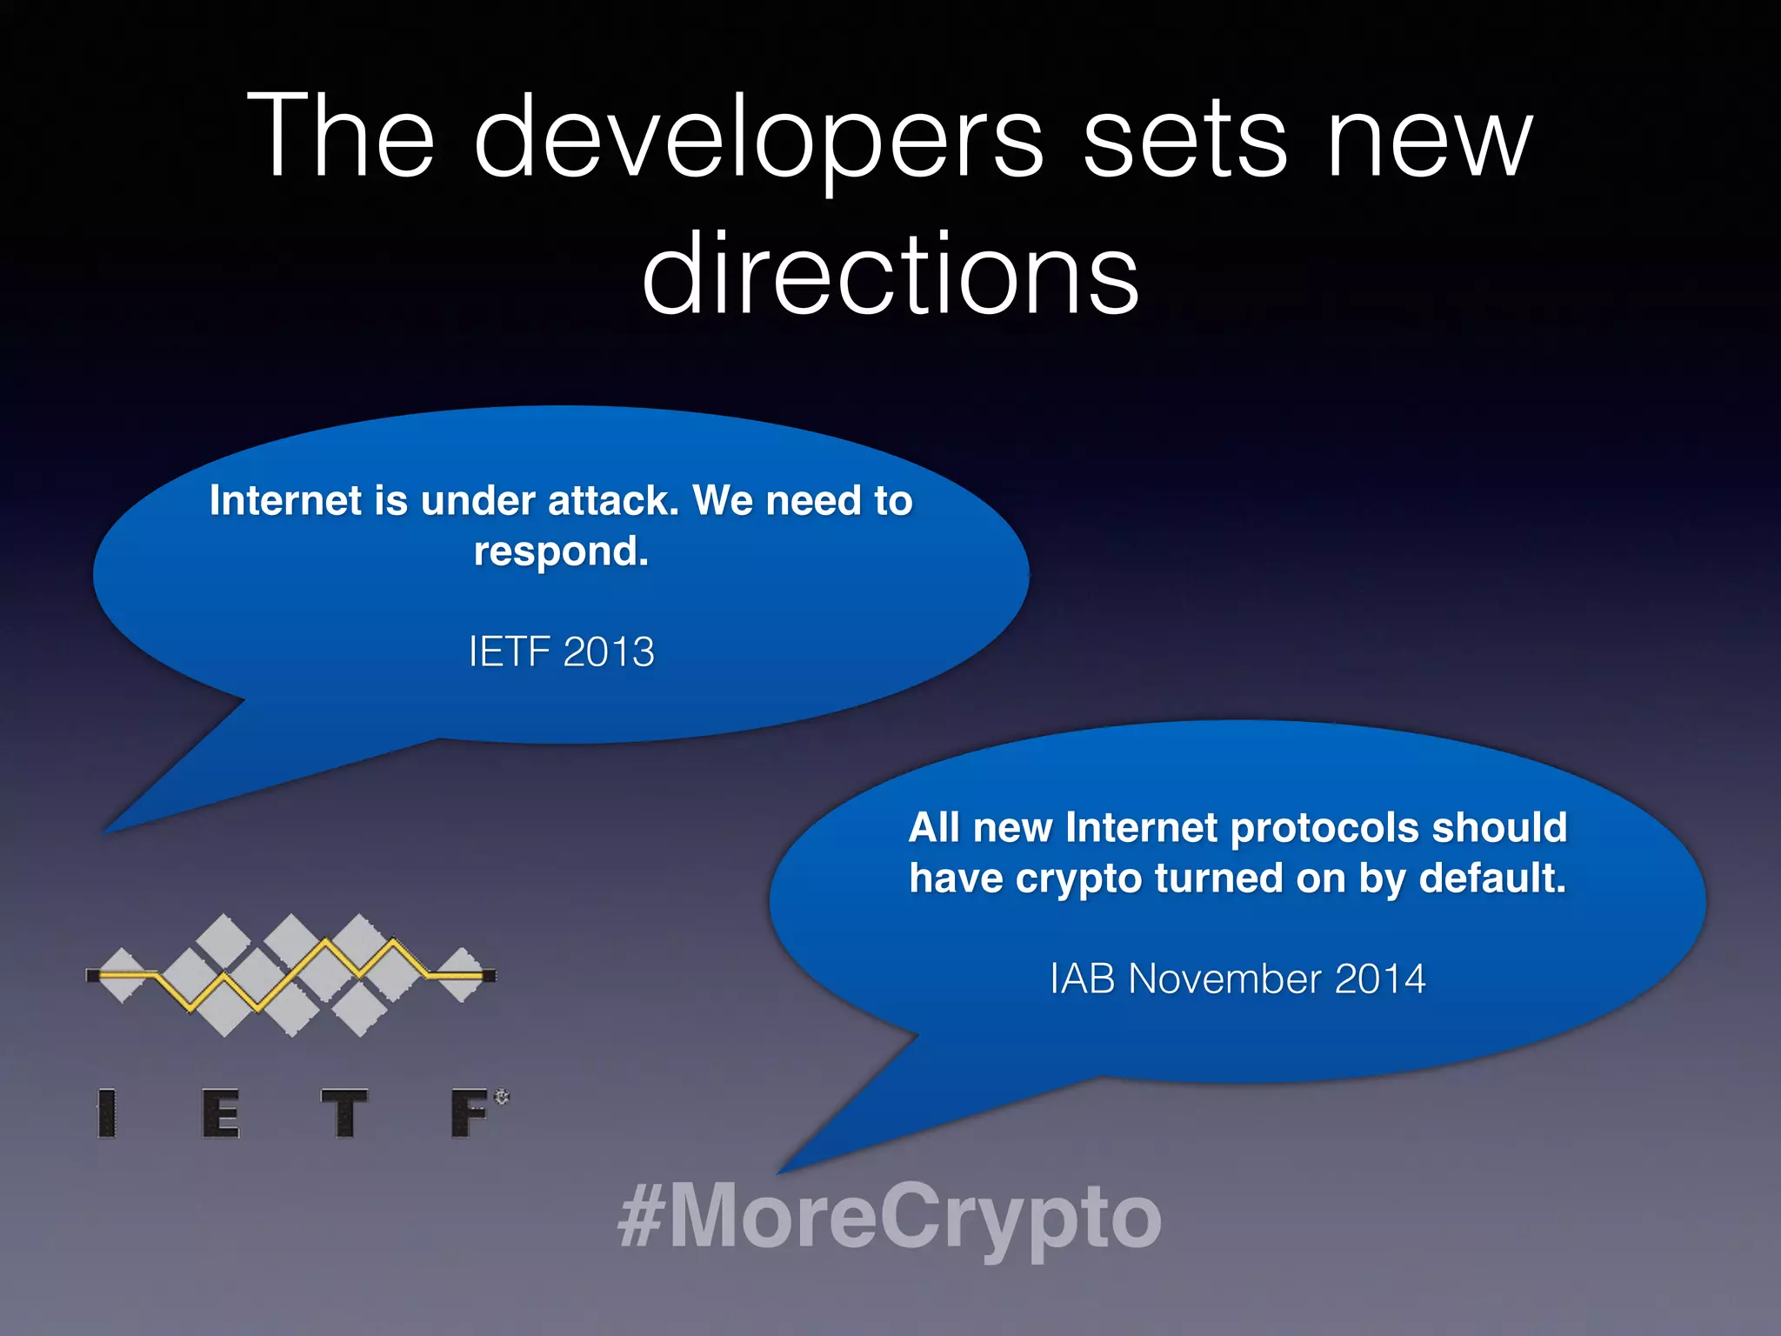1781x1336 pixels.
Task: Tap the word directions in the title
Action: click(890, 275)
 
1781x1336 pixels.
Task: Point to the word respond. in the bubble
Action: click(561, 551)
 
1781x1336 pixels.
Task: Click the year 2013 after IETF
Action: click(608, 652)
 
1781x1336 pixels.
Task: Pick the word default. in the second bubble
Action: click(1492, 878)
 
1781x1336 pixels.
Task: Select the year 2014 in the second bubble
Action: click(1380, 979)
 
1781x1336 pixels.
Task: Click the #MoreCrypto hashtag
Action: click(890, 1216)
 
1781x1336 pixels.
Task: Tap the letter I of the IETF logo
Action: click(107, 1113)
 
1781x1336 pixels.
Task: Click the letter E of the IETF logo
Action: click(221, 1113)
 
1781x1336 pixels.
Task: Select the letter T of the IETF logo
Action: click(344, 1113)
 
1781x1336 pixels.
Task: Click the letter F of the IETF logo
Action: click(470, 1113)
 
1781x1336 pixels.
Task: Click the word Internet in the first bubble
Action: click(285, 501)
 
